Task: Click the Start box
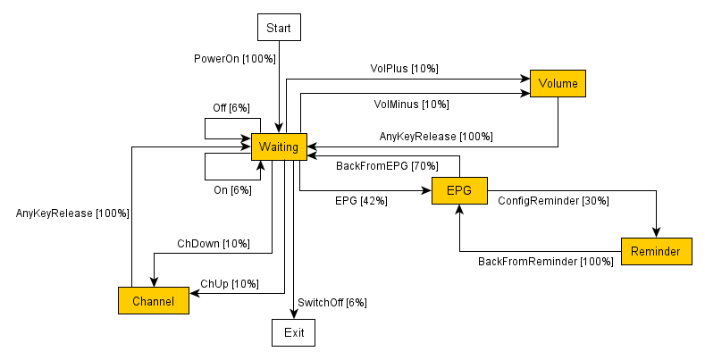point(279,29)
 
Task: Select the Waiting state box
point(279,147)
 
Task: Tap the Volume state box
point(558,84)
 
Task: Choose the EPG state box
point(459,190)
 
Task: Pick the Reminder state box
point(656,252)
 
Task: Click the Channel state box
point(153,301)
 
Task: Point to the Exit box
point(294,333)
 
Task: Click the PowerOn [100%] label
point(235,58)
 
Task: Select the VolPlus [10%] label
point(404,68)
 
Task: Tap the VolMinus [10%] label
point(411,105)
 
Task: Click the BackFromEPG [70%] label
point(387,166)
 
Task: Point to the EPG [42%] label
point(361,201)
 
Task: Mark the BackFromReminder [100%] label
point(546,262)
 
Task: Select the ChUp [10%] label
point(230,284)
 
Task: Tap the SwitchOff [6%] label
point(332,302)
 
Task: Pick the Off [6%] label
point(231,108)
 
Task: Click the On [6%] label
point(233,189)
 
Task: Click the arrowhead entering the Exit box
point(294,314)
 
